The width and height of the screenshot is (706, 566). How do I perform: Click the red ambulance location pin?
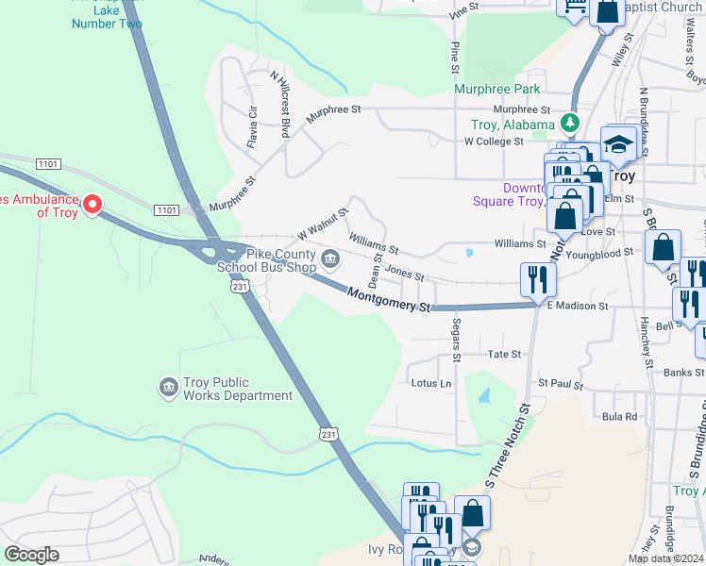[x=92, y=204]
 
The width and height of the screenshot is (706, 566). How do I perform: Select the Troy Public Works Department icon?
[x=168, y=388]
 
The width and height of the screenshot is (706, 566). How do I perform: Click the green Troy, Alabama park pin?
[x=569, y=123]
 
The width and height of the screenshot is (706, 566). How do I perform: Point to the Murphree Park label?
[x=496, y=90]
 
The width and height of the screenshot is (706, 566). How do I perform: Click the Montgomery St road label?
[x=388, y=301]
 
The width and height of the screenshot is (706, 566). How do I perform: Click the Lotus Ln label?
[x=431, y=383]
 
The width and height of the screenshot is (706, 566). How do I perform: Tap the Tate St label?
[x=504, y=354]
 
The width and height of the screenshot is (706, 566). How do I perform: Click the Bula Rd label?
[x=620, y=416]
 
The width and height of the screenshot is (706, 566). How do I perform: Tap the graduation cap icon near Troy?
[x=618, y=144]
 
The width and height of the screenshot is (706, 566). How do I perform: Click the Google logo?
[x=31, y=555]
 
